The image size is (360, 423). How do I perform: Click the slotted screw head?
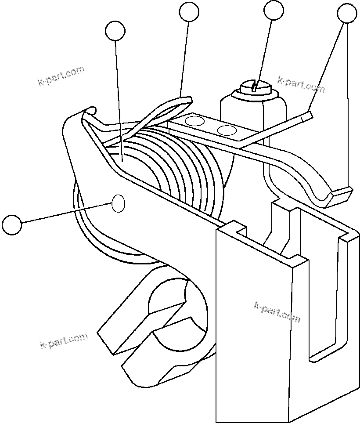[x=255, y=87]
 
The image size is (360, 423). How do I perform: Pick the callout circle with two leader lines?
[x=347, y=14]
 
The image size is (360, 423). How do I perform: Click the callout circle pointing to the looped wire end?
[x=189, y=11]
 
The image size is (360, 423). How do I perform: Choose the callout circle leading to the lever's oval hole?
[x=11, y=224]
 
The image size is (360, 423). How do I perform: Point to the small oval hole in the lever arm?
[x=119, y=204]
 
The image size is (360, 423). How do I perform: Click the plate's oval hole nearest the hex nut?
[x=227, y=130]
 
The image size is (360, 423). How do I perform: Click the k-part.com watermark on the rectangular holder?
[x=277, y=311]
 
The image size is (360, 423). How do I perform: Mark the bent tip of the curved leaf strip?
[x=342, y=192]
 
